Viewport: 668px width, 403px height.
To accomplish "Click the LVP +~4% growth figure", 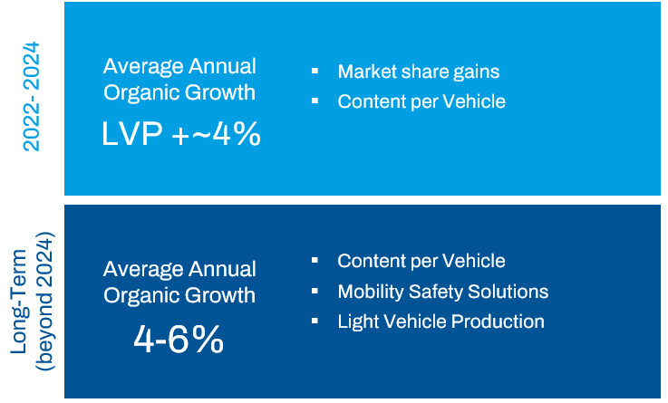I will point(180,134).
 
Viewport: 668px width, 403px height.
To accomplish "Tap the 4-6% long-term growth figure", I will point(179,340).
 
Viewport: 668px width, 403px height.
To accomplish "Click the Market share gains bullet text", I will point(418,72).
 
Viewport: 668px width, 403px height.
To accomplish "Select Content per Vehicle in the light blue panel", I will point(421,101).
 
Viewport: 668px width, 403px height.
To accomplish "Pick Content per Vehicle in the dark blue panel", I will point(421,261).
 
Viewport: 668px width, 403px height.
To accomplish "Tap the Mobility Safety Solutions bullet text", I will point(442,292).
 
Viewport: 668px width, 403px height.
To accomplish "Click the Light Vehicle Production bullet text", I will point(440,321).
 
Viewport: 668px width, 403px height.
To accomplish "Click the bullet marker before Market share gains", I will point(315,71).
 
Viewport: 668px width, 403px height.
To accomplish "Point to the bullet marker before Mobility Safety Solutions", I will point(315,292).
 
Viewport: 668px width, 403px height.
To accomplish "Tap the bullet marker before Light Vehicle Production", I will point(315,321).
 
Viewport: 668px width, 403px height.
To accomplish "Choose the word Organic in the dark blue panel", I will point(142,295).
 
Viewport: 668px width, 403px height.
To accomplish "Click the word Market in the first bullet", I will point(364,72).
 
